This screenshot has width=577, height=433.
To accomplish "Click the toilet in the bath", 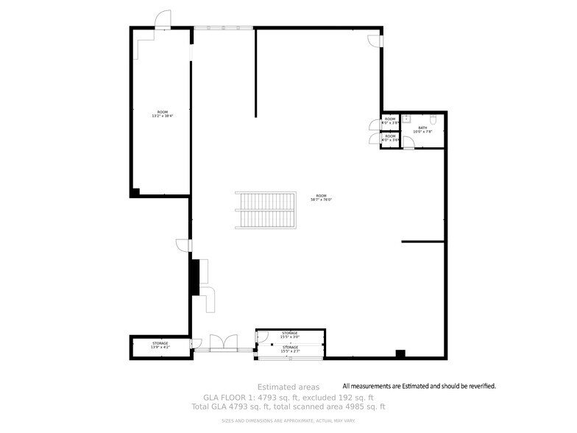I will [x=433, y=119].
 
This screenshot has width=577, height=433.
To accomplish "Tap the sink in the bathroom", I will [x=406, y=117].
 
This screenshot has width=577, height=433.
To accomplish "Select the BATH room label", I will [x=422, y=130].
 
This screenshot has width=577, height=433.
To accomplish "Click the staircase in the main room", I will [x=265, y=211].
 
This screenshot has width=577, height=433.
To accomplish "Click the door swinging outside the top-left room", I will [x=162, y=20].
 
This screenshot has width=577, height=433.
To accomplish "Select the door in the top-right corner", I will [x=374, y=41].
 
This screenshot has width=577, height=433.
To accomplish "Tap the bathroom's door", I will [x=408, y=144].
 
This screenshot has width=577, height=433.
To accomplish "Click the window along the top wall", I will [x=224, y=28].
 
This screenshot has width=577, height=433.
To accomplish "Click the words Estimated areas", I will [x=288, y=387].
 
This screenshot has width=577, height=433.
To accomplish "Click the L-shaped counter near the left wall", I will [x=209, y=299].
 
